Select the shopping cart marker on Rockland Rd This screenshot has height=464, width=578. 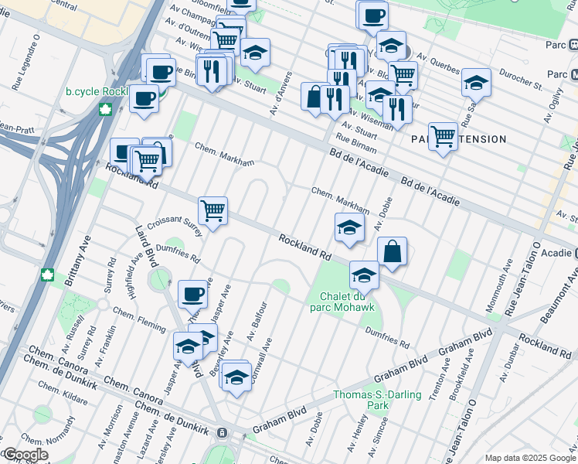[x=212, y=210]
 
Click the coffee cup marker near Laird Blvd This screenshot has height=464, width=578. [x=193, y=294]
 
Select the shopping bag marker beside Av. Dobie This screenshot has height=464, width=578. [x=393, y=251]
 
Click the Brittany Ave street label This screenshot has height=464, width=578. [x=78, y=261]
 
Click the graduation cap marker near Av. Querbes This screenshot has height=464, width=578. [x=476, y=82]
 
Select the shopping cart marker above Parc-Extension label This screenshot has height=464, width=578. [x=443, y=137]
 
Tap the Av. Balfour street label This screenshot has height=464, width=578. [x=257, y=320]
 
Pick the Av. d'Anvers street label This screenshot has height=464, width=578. [x=280, y=94]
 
